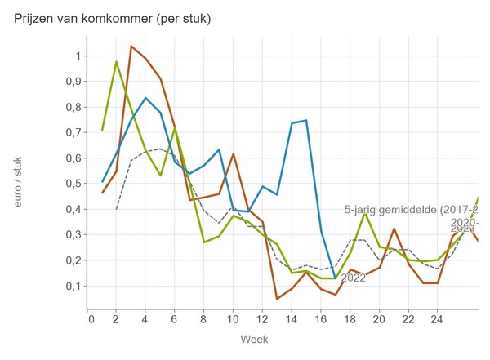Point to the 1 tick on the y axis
tap(78, 56)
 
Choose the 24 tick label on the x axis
tap(437, 319)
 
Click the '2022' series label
tap(353, 278)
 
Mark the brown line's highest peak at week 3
tap(131, 46)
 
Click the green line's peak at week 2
tap(117, 62)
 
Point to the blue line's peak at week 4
tap(146, 98)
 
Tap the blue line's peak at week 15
tap(306, 121)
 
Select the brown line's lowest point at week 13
tap(277, 299)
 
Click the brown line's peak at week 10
tap(234, 153)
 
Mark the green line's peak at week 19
tap(364, 214)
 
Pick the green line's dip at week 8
tap(204, 242)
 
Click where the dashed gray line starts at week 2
tap(117, 209)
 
